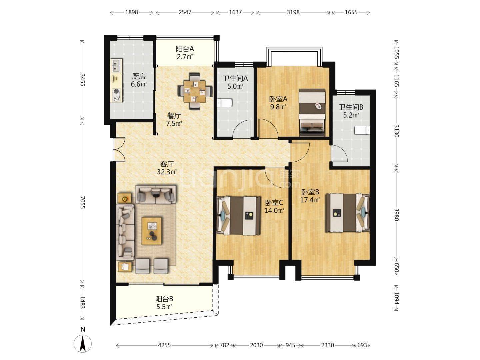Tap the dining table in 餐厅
(195, 91)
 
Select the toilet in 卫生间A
(224, 103)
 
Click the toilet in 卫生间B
(362, 130)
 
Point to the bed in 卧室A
(312, 112)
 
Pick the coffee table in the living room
(152, 231)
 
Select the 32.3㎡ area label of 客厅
(167, 172)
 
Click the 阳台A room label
(185, 49)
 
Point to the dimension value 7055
(82, 202)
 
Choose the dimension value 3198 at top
(293, 12)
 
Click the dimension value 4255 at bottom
(164, 345)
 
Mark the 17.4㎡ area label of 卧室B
(310, 200)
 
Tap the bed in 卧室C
(239, 216)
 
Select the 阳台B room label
(164, 299)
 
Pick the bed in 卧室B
(348, 212)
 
